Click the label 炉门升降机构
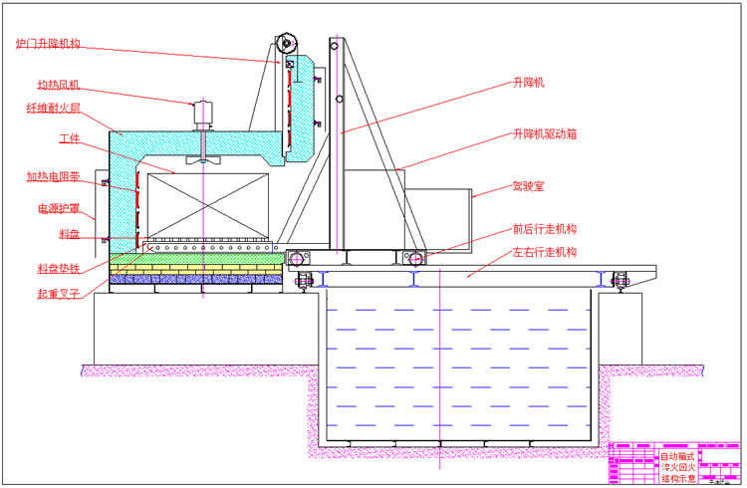[x=48, y=44]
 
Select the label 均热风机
[x=59, y=86]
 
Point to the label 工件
[x=69, y=138]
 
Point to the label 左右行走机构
[x=545, y=252]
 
